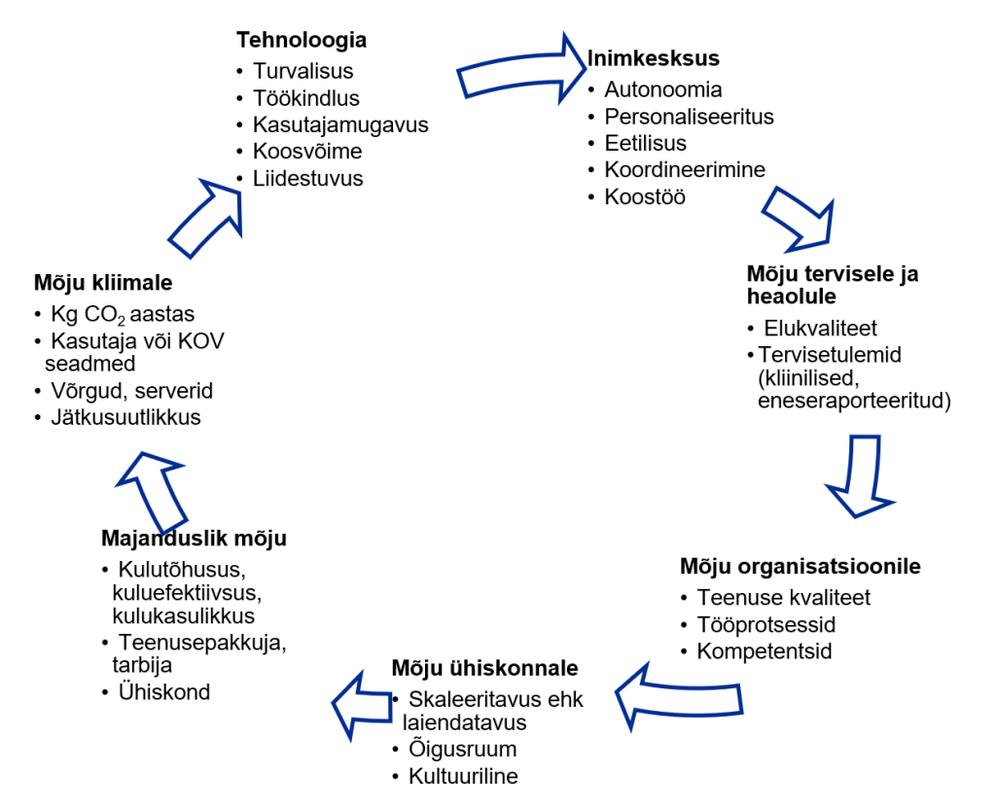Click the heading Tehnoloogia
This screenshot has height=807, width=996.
(x=302, y=40)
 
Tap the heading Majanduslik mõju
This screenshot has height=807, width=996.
(x=194, y=539)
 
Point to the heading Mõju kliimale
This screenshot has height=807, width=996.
(x=103, y=283)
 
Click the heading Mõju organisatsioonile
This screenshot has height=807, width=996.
(x=800, y=566)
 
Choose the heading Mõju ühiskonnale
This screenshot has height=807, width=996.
(x=484, y=668)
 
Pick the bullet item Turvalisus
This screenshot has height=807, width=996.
(x=302, y=71)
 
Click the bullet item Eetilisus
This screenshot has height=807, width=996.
(x=645, y=143)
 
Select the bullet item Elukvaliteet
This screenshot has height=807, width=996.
(x=820, y=328)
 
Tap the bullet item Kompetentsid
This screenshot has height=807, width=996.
(x=764, y=651)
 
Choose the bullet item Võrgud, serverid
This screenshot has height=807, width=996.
(x=131, y=391)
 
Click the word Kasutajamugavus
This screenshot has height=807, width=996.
(x=340, y=124)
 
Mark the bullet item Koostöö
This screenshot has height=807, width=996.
(x=645, y=196)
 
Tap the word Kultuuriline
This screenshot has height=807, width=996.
(x=463, y=776)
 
